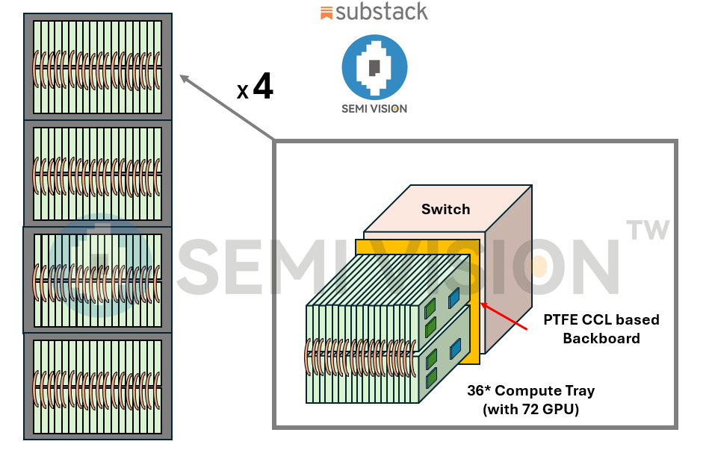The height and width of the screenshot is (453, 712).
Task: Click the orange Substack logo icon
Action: (x=326, y=12)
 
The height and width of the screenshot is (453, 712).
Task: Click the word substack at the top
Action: (x=382, y=11)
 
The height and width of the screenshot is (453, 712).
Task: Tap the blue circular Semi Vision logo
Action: (x=374, y=67)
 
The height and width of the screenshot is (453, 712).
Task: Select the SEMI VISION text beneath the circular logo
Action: (x=374, y=108)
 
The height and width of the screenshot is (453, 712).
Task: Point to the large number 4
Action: (x=263, y=87)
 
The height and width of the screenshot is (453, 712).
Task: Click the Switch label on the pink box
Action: (x=445, y=209)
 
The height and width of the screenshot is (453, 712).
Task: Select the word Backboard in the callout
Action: (x=601, y=338)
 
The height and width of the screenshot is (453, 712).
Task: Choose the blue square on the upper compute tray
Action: (x=454, y=298)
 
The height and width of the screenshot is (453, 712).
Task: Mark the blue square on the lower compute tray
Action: (x=455, y=349)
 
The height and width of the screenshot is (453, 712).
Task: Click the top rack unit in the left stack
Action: (x=98, y=66)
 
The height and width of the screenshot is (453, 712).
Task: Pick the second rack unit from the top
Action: (x=98, y=172)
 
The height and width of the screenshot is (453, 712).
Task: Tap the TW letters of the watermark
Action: (x=648, y=230)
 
